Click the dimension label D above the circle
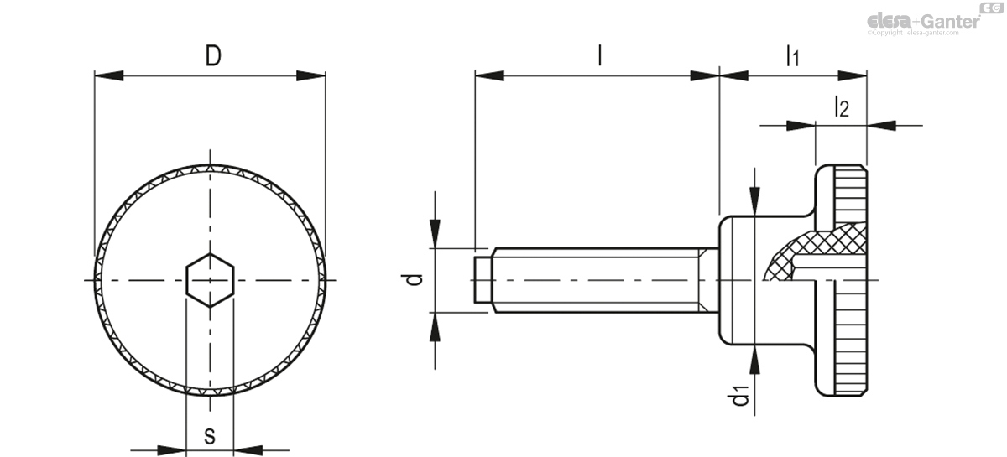point(213,56)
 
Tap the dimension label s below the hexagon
point(210,435)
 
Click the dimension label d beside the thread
point(413,280)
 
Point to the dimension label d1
point(741,395)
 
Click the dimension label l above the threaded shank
point(598,55)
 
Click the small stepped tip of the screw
point(482,279)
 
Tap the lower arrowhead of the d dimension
point(435,327)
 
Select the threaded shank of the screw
point(596,279)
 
